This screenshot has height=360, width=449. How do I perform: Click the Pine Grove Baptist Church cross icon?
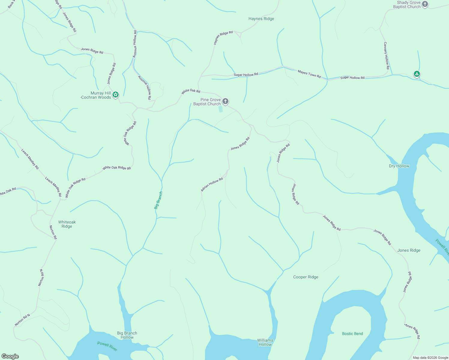[x=225, y=101]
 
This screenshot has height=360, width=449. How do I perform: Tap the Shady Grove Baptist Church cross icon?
[x=425, y=4]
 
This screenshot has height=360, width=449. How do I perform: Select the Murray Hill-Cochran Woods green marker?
[x=116, y=95]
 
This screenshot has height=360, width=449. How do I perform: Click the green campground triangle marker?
[x=416, y=74]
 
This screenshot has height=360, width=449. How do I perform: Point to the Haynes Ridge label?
[x=261, y=19]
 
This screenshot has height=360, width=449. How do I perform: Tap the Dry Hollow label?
[x=399, y=166]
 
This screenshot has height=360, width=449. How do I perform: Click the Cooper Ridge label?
[x=306, y=277]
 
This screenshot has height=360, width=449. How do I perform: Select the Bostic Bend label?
[x=352, y=334]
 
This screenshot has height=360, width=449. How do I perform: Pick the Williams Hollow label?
[x=265, y=342]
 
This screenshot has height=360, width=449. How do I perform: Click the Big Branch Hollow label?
[x=127, y=335]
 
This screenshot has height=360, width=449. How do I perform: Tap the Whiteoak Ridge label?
[x=67, y=224]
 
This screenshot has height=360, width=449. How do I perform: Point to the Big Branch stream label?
[x=158, y=200]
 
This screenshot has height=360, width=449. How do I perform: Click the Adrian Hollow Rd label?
[x=212, y=184]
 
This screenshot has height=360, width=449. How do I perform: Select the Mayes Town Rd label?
[x=309, y=74]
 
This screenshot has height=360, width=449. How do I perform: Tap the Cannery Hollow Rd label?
[x=386, y=55]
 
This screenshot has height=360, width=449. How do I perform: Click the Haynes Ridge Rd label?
[x=223, y=37]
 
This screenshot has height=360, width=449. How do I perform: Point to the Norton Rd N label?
[x=23, y=320]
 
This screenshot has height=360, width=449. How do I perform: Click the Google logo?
[x=10, y=356]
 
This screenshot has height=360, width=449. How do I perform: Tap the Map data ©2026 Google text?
[x=430, y=358]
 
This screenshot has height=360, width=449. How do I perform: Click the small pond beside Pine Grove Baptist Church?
[x=221, y=109]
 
